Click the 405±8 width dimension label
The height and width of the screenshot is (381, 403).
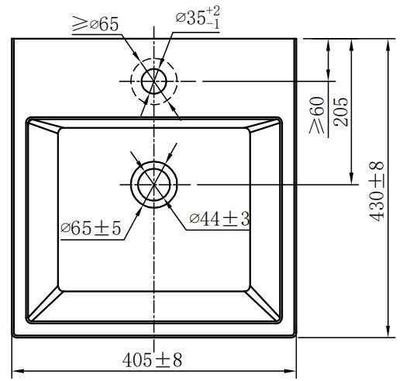pos(152,360)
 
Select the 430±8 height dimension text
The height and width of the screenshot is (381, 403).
pos(377,189)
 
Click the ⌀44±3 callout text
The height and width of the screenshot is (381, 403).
pos(219,220)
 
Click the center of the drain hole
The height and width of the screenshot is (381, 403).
pos(154,184)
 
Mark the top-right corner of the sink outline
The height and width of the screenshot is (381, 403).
pos(296,36)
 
